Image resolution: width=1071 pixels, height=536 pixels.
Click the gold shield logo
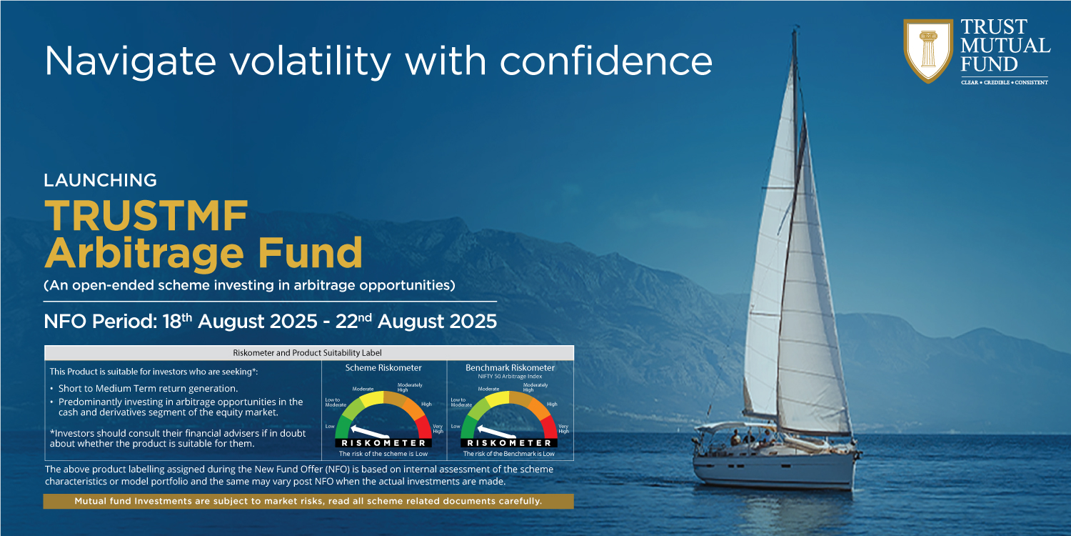(928, 50)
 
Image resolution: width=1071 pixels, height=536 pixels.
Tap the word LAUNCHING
(101, 180)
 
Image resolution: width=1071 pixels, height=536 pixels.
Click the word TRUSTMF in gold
(146, 216)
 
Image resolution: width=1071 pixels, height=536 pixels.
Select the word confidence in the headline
(606, 61)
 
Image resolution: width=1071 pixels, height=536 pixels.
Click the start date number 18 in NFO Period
(171, 322)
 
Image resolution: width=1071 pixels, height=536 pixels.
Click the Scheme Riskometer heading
(383, 367)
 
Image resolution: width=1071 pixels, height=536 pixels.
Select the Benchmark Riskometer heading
(510, 367)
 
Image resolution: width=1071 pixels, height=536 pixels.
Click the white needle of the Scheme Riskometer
(370, 431)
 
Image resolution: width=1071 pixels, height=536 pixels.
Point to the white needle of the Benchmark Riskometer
(496, 431)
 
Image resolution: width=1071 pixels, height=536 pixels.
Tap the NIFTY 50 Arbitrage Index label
(510, 377)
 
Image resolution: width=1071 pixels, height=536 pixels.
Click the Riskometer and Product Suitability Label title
(307, 353)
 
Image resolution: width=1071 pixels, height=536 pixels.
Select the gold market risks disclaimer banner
(308, 501)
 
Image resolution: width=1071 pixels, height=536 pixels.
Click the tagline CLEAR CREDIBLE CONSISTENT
(1005, 82)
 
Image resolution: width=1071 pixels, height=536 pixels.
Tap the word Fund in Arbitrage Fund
(311, 253)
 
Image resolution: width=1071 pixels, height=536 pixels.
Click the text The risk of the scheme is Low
(383, 454)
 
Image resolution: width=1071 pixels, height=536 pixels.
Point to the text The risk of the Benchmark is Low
(508, 454)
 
